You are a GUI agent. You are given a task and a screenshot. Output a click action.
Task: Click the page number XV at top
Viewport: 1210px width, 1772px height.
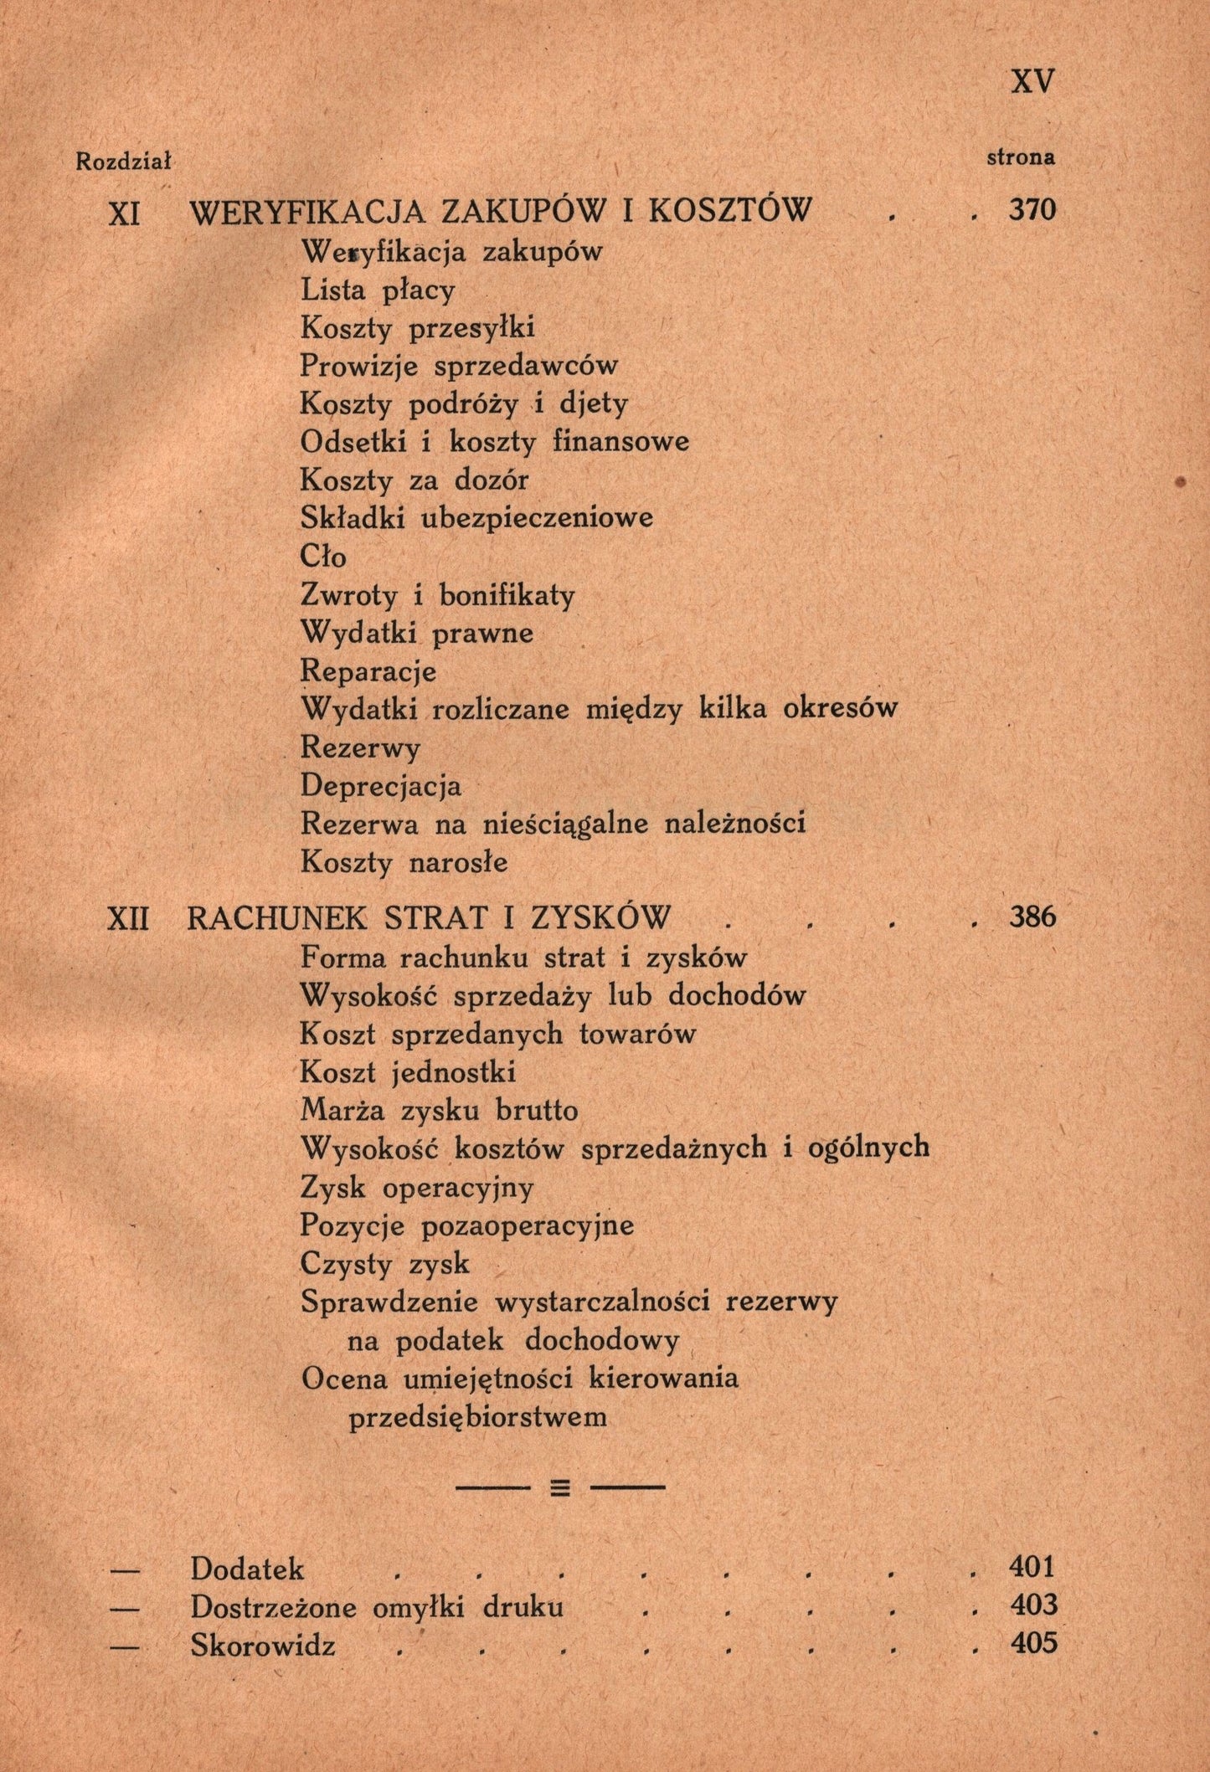[1033, 82]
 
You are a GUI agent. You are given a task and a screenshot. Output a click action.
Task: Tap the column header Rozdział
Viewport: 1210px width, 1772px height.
[123, 161]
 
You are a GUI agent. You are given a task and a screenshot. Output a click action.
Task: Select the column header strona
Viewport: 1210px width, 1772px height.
[1021, 157]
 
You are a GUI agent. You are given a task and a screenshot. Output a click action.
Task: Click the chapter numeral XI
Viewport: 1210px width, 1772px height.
[125, 213]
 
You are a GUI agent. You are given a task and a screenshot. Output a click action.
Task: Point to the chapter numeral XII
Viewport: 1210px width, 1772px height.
[127, 918]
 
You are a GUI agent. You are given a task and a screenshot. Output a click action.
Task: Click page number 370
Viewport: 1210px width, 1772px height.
[1032, 209]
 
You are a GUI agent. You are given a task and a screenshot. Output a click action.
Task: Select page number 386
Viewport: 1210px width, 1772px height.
[1032, 917]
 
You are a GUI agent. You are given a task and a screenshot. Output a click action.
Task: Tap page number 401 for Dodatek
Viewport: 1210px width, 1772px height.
[1032, 1566]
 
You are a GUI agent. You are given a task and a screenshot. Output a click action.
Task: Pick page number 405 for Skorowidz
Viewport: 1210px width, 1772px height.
[1033, 1643]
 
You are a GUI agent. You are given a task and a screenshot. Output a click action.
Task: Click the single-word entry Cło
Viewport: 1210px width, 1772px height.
[323, 557]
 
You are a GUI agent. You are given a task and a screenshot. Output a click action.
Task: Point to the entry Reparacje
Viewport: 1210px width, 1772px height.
[368, 671]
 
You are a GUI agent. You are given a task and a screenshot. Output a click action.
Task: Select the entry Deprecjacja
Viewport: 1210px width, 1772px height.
[381, 786]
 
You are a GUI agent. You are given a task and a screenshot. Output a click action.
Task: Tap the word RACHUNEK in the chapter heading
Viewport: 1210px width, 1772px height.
[277, 918]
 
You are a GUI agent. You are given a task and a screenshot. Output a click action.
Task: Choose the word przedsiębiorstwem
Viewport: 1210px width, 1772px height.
[477, 1418]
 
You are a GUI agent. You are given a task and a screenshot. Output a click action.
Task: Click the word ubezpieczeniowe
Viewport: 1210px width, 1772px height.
[536, 518]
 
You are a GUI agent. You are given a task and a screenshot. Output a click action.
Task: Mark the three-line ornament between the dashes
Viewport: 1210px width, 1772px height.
[560, 1488]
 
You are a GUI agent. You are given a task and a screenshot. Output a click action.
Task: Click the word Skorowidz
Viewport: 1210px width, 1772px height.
[263, 1646]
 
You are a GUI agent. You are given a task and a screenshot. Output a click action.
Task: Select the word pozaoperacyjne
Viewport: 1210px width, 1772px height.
[528, 1226]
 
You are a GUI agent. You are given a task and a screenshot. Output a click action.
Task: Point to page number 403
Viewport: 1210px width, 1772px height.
[1033, 1605]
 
